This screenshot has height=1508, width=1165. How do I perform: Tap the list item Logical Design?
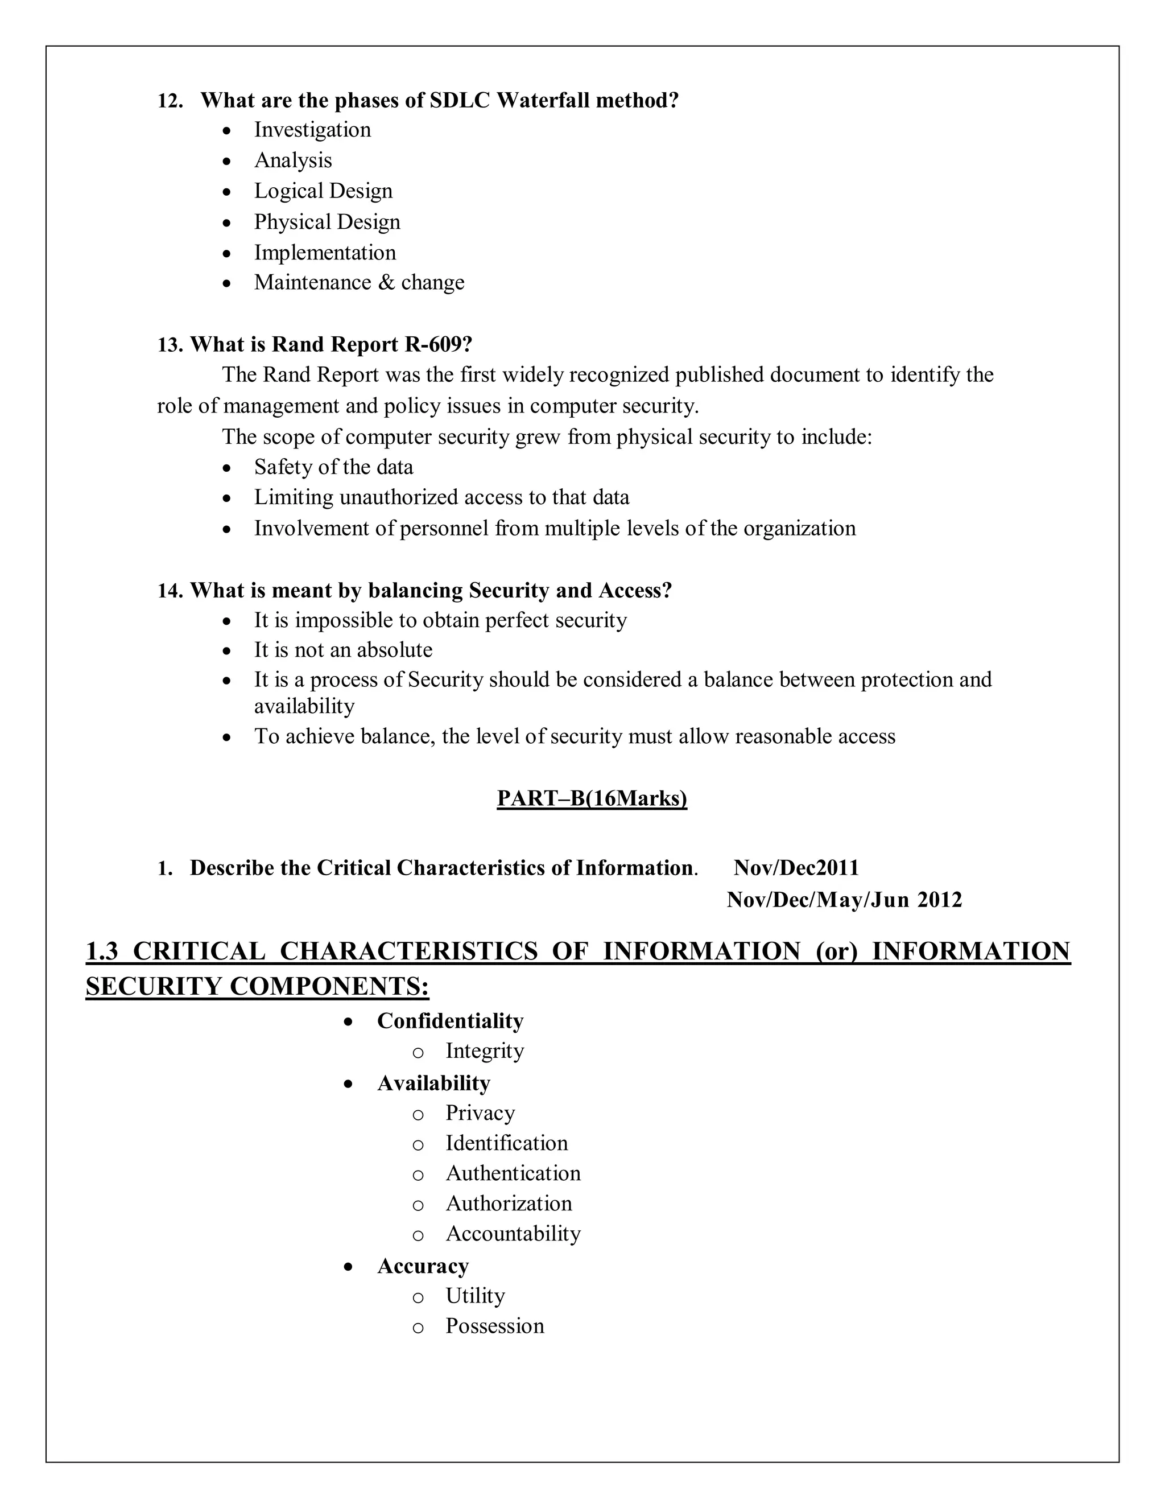click(x=323, y=191)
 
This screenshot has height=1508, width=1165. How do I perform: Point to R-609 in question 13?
click(x=437, y=344)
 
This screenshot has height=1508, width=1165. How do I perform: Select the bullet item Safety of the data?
click(x=333, y=467)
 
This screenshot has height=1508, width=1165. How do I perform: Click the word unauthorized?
click(x=398, y=498)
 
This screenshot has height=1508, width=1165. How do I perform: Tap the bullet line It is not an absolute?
click(x=343, y=650)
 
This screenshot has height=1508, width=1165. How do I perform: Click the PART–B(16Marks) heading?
click(x=592, y=799)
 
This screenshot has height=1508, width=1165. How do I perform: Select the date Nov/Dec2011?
click(x=796, y=868)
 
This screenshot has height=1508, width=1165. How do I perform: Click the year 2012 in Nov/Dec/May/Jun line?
click(x=939, y=900)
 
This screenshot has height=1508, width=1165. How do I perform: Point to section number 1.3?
click(x=102, y=951)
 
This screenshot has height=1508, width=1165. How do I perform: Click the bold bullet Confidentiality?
click(x=450, y=1021)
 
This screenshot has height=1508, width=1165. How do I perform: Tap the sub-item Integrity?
click(x=485, y=1051)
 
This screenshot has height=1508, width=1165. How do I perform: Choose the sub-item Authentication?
click(x=513, y=1173)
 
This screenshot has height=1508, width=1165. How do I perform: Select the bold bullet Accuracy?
click(x=423, y=1266)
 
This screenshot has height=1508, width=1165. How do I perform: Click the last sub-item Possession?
click(x=494, y=1326)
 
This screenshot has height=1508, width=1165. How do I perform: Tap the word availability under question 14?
click(x=304, y=706)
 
